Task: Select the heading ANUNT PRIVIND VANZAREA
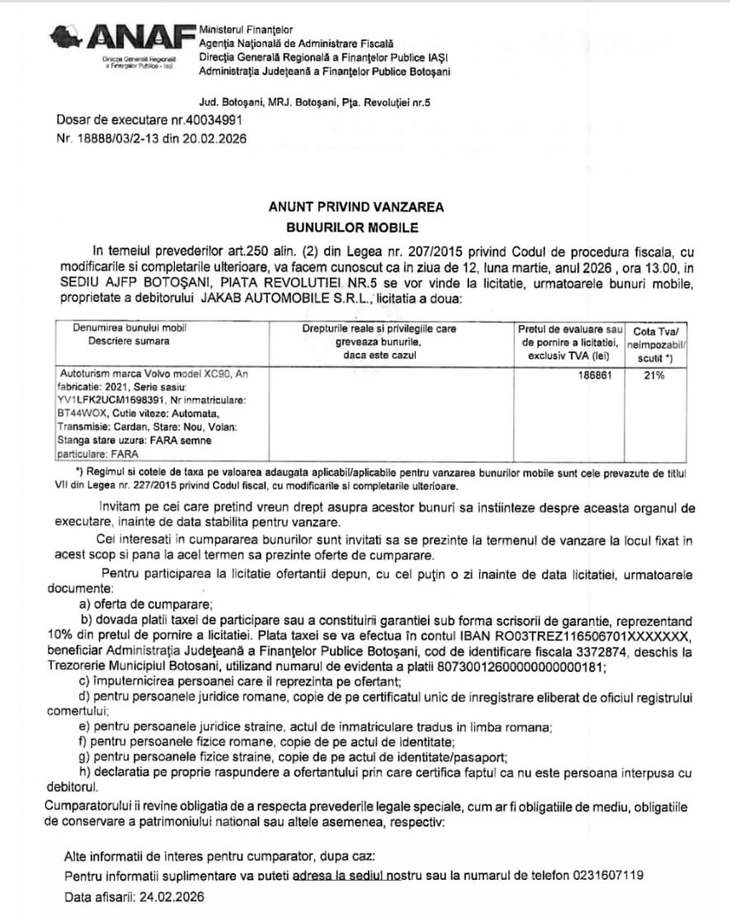pos(356,207)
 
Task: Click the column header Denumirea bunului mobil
pos(130,328)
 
